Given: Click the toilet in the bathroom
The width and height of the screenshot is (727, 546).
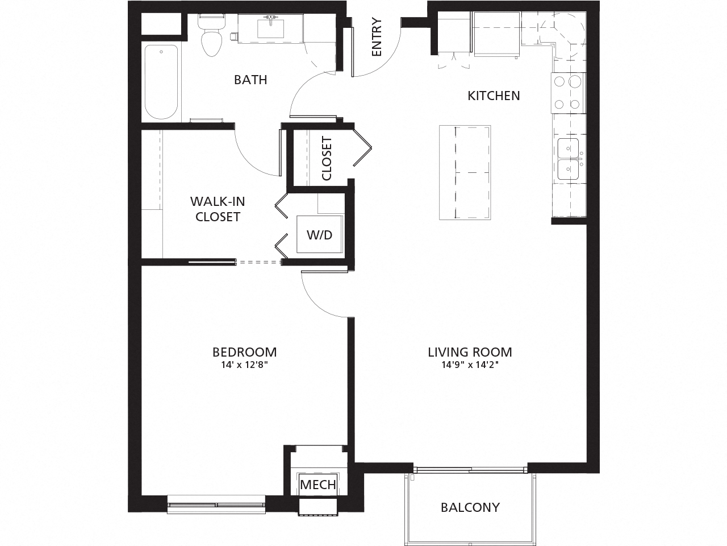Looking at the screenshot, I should click(x=211, y=37).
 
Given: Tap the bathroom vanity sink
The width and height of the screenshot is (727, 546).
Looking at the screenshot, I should click(x=270, y=28).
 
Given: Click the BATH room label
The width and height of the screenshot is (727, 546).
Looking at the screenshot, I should click(x=250, y=80).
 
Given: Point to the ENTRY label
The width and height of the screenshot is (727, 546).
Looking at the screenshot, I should click(x=377, y=38).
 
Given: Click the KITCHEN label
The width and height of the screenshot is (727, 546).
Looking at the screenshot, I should click(x=494, y=96).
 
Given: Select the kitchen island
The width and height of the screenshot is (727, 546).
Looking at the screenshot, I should click(x=465, y=172).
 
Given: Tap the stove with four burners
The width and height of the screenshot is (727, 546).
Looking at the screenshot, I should click(x=567, y=93).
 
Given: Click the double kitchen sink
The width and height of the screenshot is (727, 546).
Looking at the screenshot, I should click(x=568, y=159).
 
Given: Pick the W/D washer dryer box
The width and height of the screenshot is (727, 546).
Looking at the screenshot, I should click(x=320, y=234).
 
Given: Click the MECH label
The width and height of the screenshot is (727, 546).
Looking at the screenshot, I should click(x=318, y=485).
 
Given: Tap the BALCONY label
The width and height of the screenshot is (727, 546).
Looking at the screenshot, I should click(x=470, y=507).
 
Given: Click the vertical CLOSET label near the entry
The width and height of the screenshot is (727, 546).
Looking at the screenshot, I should click(x=327, y=158).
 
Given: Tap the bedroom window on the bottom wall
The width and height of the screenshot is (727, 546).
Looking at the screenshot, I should click(x=216, y=504).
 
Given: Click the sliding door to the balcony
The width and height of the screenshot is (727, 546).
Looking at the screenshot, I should click(x=470, y=470).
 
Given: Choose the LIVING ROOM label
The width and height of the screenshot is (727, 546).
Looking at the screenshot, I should click(x=470, y=352).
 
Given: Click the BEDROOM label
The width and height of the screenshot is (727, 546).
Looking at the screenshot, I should click(x=244, y=352).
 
